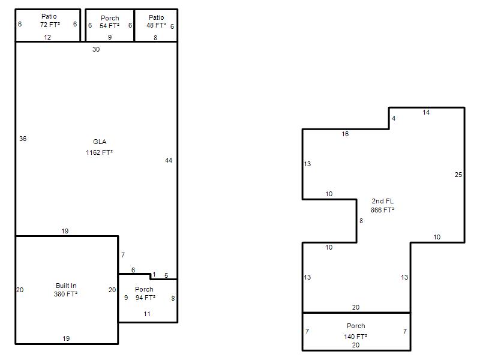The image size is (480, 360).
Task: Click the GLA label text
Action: pos(100,142)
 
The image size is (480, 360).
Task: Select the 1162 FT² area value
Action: pos(99,152)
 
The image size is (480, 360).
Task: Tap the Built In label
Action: pos(66,286)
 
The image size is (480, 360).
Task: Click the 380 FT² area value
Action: pos(65,294)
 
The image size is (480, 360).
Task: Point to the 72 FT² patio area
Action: pos(50,25)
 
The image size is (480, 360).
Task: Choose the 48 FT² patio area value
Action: pos(156,25)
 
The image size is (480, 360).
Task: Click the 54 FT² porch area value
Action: pos(109,26)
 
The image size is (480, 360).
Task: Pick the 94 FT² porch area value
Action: pos(145,298)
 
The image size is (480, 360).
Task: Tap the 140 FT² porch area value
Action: pos(355,337)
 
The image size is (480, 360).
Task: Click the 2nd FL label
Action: pos(383,201)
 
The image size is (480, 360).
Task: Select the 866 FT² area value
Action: pos(382,210)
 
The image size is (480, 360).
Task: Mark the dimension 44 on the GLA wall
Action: pos(169,160)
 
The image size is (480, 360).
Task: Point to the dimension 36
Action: pos(23,139)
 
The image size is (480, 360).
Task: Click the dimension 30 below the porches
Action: pos(96,49)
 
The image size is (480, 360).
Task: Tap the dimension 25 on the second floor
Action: pos(458,175)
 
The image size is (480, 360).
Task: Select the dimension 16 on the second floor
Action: pos(345,134)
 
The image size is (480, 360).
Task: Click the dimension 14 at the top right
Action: pos(426,113)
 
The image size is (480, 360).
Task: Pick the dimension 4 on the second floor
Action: pos(394,118)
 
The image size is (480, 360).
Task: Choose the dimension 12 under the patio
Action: pos(47,37)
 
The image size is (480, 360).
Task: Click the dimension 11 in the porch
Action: pos(147,314)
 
